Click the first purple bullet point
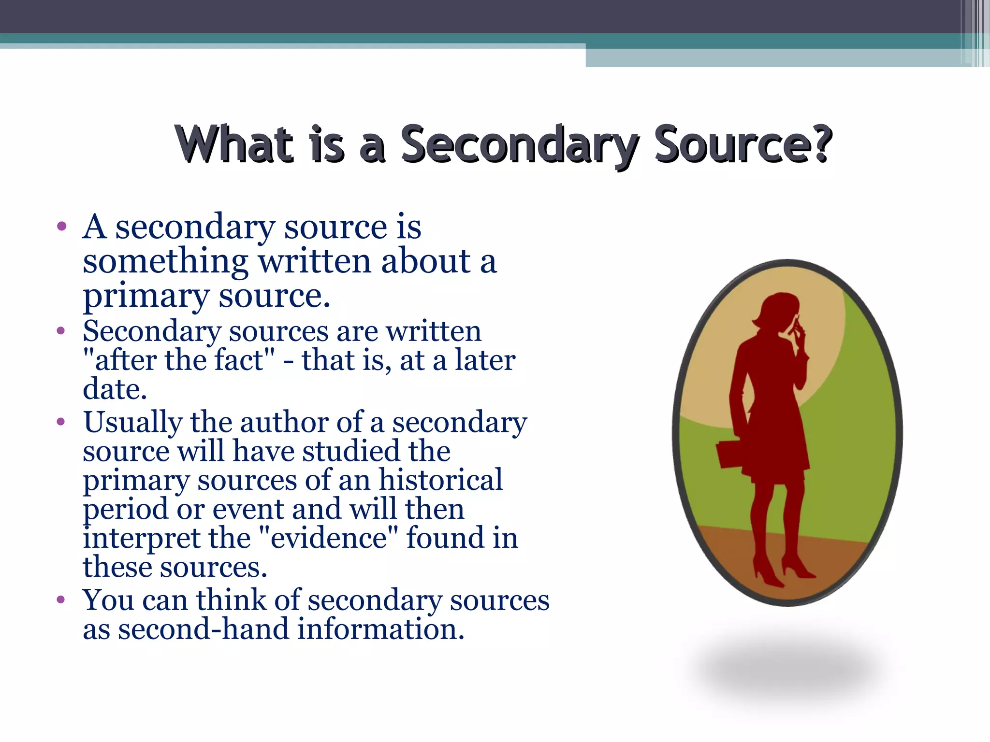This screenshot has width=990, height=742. click(x=61, y=226)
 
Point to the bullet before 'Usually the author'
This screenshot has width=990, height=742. click(x=61, y=422)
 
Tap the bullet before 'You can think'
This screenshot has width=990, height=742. click(x=61, y=600)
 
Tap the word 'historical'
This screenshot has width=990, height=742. click(x=440, y=480)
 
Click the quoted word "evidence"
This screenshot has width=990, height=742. click(x=328, y=538)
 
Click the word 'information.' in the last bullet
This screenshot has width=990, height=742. click(x=380, y=629)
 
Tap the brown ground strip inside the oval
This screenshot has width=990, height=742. click(x=851, y=560)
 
